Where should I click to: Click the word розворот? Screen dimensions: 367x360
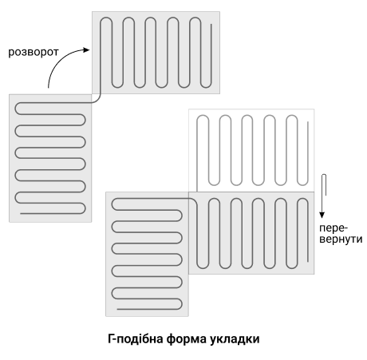(34, 52)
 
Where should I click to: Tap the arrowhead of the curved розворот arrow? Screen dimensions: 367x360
(87, 49)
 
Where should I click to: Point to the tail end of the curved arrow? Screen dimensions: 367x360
(48, 87)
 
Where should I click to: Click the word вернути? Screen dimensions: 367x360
(341, 239)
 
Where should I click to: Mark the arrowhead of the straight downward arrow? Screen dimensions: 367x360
(322, 215)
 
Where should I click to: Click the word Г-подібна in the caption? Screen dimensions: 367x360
(136, 339)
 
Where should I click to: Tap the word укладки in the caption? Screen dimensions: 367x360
(235, 339)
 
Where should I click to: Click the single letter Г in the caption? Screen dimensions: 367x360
(111, 339)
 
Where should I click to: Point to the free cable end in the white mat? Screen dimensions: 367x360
(308, 122)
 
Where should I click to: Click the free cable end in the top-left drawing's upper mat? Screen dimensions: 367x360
(211, 25)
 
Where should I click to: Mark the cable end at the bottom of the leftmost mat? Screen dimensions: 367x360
(21, 214)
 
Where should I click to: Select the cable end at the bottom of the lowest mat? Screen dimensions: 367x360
(117, 309)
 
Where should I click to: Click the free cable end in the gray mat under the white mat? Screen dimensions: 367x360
(308, 261)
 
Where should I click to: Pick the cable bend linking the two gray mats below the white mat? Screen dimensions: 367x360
(193, 200)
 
